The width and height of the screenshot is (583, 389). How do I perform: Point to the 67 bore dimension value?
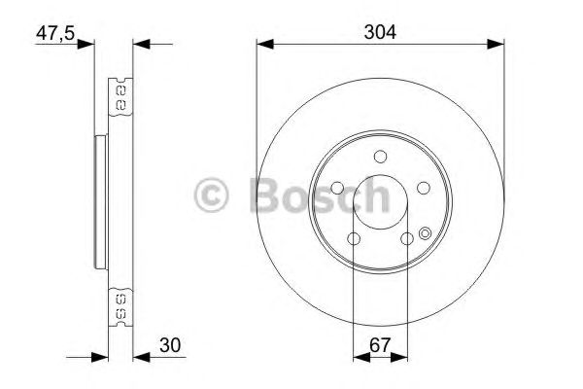(380, 343)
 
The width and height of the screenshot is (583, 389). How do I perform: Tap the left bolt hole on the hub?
(336, 189)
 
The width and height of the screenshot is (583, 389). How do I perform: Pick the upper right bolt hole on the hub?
(424, 189)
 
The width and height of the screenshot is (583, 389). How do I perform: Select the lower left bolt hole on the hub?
(354, 239)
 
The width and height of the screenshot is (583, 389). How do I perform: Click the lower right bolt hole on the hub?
(407, 239)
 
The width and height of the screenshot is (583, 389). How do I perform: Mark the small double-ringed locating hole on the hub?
(425, 232)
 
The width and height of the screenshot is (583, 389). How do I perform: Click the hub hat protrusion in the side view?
(101, 204)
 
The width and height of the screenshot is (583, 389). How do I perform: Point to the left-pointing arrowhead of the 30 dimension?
(138, 357)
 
